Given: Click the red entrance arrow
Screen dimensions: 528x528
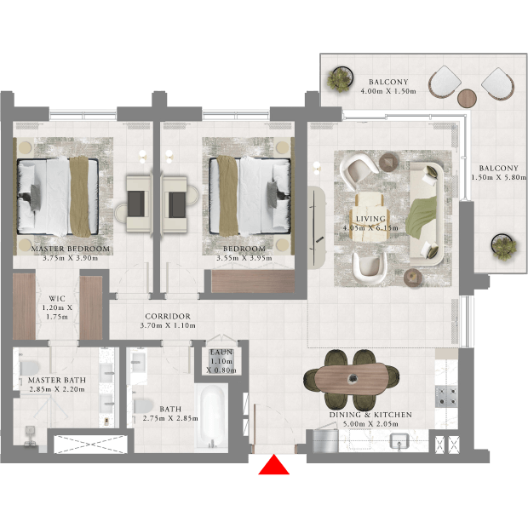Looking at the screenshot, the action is pyautogui.click(x=273, y=465).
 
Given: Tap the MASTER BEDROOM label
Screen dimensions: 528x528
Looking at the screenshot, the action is pyautogui.click(x=71, y=249).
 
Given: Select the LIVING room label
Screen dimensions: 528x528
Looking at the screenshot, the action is pyautogui.click(x=370, y=219).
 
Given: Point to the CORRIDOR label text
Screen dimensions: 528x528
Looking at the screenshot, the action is pyautogui.click(x=168, y=316).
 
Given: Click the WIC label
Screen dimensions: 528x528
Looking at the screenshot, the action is pyautogui.click(x=57, y=298).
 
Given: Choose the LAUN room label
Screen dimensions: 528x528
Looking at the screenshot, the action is pyautogui.click(x=221, y=353).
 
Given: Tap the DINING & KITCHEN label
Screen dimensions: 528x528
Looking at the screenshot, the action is pyautogui.click(x=370, y=415).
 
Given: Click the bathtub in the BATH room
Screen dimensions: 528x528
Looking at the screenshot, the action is pyautogui.click(x=212, y=417).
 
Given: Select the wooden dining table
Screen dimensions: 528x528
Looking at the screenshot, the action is pyautogui.click(x=351, y=379).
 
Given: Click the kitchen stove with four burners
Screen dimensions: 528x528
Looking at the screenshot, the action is pyautogui.click(x=446, y=397).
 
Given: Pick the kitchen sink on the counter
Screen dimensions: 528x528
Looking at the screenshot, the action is pyautogui.click(x=399, y=442).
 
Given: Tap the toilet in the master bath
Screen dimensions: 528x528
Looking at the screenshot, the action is pyautogui.click(x=29, y=369).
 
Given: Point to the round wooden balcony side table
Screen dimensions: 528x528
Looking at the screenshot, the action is pyautogui.click(x=467, y=98).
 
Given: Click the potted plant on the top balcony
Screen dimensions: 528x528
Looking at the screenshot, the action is pyautogui.click(x=340, y=78).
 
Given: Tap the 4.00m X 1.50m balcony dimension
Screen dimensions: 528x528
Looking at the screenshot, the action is pyautogui.click(x=388, y=91).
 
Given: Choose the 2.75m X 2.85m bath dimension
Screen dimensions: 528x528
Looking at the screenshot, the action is pyautogui.click(x=170, y=418).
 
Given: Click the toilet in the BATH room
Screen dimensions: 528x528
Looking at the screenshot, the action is pyautogui.click(x=143, y=406).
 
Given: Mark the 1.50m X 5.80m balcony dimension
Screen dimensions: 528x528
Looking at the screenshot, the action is pyautogui.click(x=498, y=177).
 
